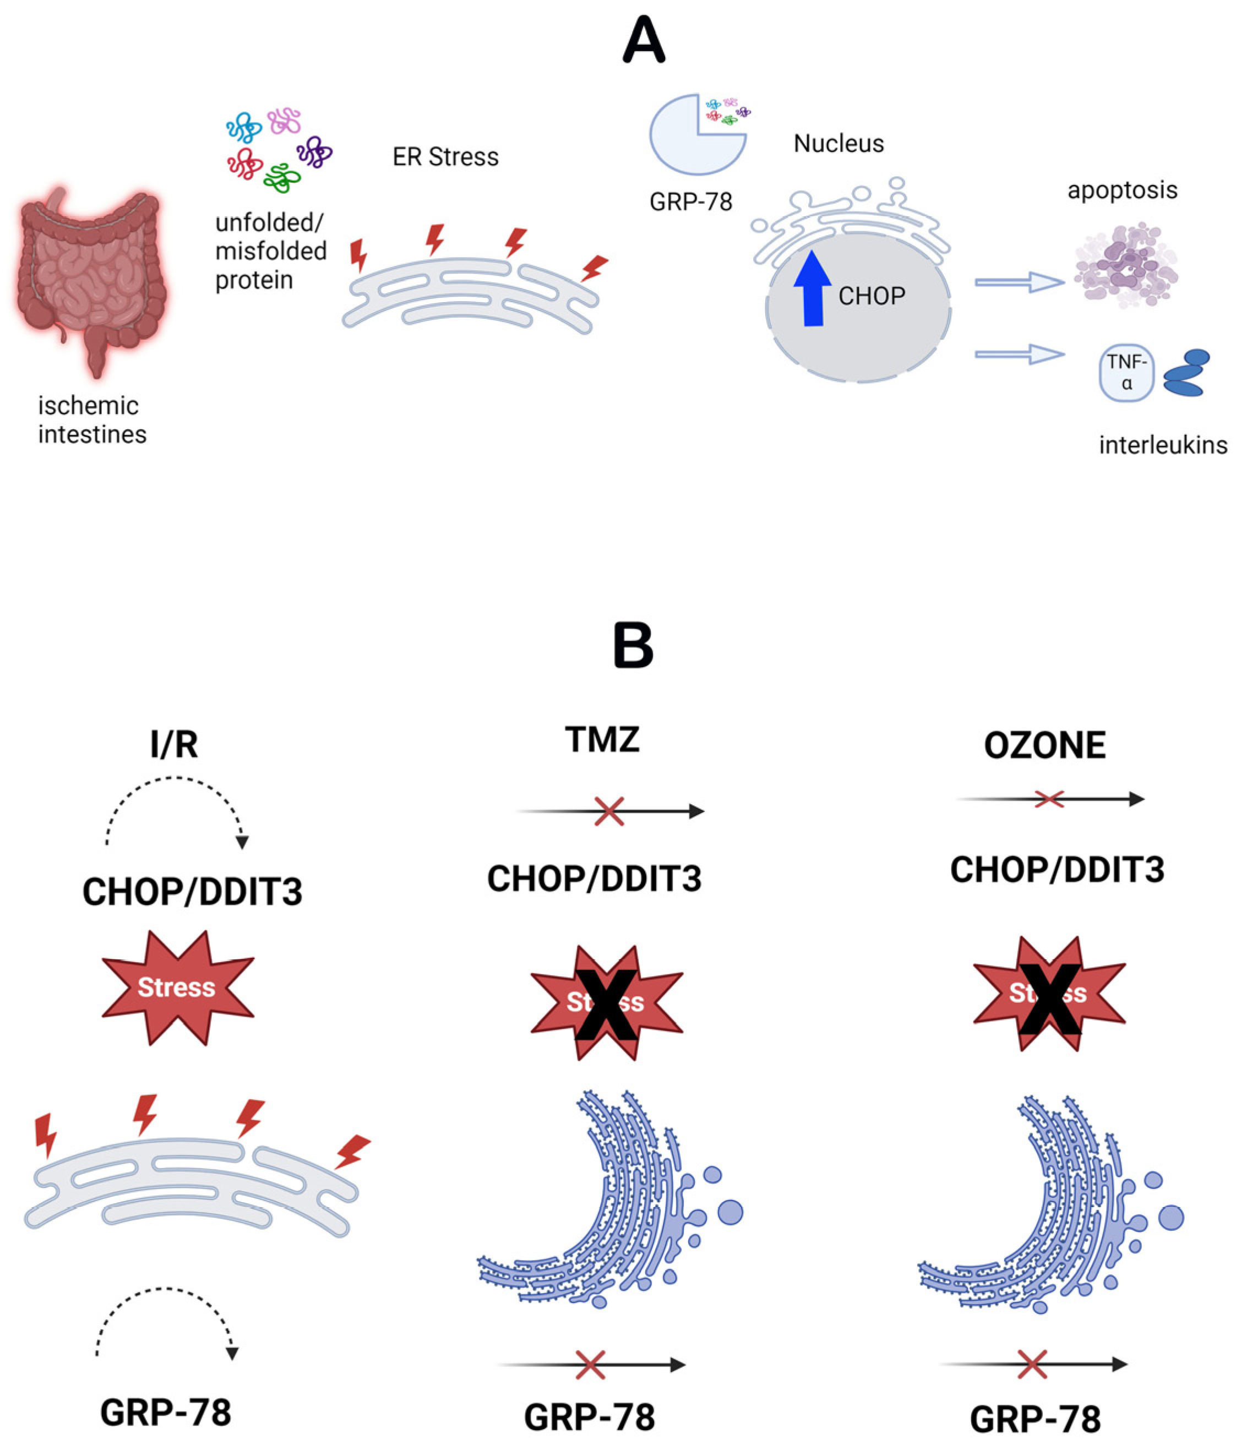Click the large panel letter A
[x=642, y=41]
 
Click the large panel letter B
[x=633, y=645]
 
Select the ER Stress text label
[x=445, y=157]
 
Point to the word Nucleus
[x=838, y=144]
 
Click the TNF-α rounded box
[x=1126, y=373]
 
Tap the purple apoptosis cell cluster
[x=1126, y=265]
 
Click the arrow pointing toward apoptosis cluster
[x=1019, y=282]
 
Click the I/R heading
[x=174, y=744]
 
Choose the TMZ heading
[x=602, y=739]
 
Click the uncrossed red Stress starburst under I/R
[x=177, y=987]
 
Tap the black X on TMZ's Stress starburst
[x=606, y=1003]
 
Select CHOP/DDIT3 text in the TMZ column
[x=593, y=878]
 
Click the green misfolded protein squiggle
[x=282, y=178]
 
